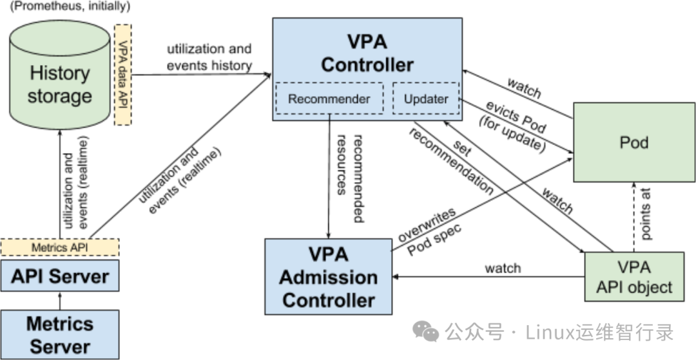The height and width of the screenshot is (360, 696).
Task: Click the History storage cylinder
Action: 59,75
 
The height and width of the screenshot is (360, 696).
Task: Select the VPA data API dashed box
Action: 122,75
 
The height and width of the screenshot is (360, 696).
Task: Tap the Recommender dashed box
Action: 329,99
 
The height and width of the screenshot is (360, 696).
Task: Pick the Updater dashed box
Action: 426,99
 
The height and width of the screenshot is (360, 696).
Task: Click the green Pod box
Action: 634,142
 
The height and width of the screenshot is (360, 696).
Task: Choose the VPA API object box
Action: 634,277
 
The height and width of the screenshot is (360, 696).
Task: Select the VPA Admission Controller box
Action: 329,277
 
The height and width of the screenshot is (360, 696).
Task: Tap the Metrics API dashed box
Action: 60,247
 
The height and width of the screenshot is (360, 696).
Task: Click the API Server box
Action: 60,276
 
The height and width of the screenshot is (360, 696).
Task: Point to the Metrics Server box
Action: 60,334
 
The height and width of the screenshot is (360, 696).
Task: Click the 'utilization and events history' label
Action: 209,57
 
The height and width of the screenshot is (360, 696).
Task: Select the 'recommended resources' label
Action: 351,177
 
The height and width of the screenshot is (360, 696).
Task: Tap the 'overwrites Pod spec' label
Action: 429,231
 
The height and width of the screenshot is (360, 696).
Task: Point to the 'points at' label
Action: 646,214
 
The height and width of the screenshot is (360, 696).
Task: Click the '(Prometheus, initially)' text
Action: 70,6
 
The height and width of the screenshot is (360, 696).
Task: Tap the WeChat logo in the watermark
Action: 425,331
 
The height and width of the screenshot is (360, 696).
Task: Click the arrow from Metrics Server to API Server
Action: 60,301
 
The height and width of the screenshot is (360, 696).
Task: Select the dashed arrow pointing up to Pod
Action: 634,217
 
